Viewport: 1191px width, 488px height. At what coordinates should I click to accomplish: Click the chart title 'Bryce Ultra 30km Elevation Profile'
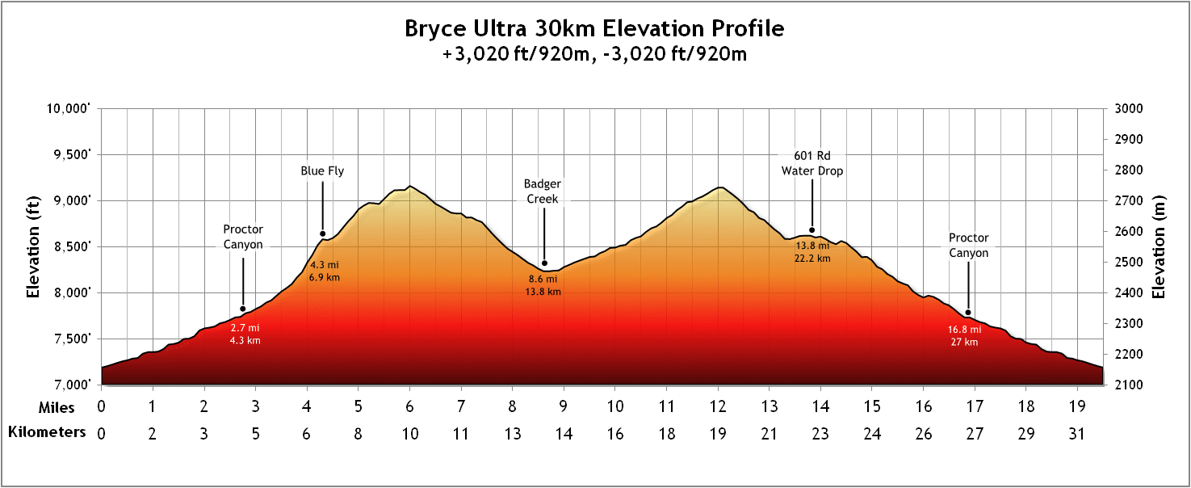594,29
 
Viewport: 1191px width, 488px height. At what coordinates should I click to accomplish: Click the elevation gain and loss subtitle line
594,55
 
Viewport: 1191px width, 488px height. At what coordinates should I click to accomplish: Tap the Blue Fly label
322,170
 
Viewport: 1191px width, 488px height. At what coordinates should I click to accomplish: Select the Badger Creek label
543,191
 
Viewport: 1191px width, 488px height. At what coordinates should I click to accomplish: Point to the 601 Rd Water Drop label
811,162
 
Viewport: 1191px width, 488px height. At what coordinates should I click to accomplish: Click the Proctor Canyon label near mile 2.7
243,237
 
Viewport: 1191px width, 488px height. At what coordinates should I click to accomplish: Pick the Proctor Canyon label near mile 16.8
968,246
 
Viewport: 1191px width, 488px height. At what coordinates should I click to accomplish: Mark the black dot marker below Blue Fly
322,234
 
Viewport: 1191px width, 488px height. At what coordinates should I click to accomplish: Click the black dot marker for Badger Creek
544,263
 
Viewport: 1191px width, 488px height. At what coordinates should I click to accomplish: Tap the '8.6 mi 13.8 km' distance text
543,285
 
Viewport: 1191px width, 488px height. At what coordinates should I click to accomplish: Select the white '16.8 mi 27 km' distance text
964,336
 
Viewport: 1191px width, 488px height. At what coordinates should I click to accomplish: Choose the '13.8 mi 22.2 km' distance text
813,251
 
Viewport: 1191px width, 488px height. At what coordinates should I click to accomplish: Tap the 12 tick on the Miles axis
718,406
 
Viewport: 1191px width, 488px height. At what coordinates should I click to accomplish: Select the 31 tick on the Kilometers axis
1076,434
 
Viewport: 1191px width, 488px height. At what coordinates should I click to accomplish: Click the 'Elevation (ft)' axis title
33,246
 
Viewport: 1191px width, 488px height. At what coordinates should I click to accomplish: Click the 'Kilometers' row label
47,432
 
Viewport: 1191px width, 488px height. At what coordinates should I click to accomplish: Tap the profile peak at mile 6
409,186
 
